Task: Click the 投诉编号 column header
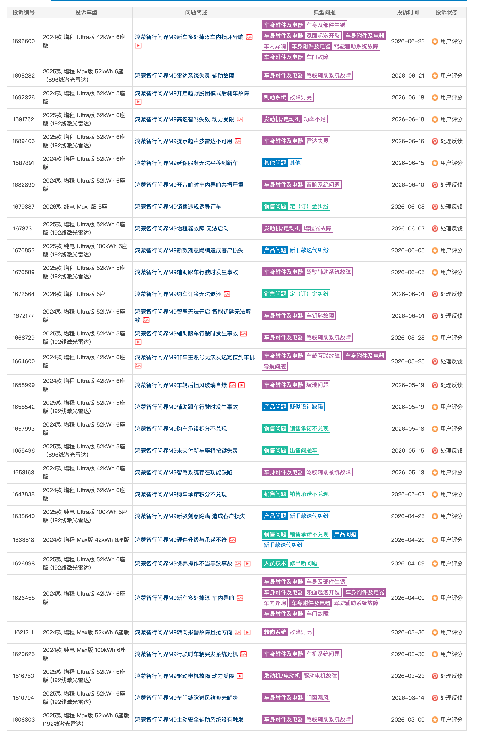point(23,12)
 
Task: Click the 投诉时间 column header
point(408,12)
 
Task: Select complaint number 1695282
point(23,76)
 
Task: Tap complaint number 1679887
point(23,207)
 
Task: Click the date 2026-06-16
point(408,141)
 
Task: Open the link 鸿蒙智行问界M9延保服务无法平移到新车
point(186,163)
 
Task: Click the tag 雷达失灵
point(317,141)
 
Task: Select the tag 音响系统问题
point(323,185)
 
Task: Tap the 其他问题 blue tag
point(275,163)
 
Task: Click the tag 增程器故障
point(317,228)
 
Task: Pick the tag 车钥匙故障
point(320,316)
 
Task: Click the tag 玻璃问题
point(317,385)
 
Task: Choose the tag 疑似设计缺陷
point(306,407)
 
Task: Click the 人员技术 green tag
point(275,563)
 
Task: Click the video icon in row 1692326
point(138,102)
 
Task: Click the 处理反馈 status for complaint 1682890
point(447,185)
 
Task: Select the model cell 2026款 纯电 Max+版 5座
point(75,207)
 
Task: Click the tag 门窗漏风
point(317,697)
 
